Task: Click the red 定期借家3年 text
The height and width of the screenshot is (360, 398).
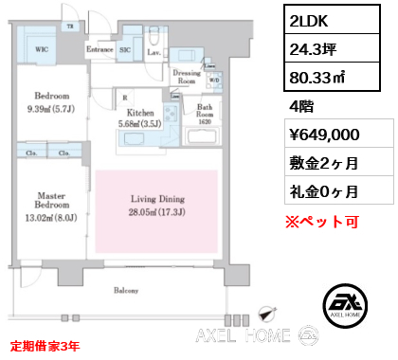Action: pyautogui.click(x=46, y=346)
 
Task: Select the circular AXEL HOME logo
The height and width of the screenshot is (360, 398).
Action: pyautogui.click(x=345, y=301)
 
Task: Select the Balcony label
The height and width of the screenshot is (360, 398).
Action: pyautogui.click(x=126, y=291)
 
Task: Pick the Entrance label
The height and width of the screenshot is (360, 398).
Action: pyautogui.click(x=99, y=46)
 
